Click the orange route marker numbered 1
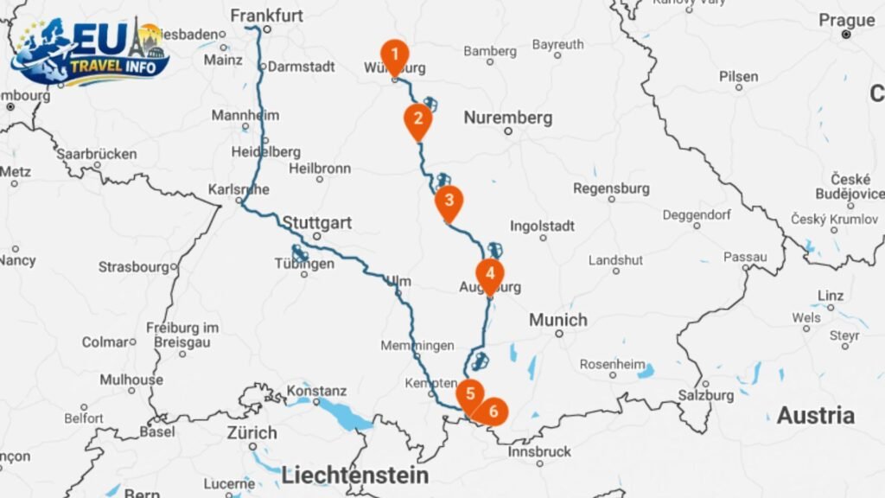[x=394, y=55]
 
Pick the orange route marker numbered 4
[x=490, y=274]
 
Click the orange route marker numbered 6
[x=493, y=412]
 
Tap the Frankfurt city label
[x=267, y=15]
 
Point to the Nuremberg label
[x=507, y=118]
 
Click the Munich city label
[x=557, y=320]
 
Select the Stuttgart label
[x=316, y=223]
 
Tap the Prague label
[x=846, y=20]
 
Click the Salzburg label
[x=707, y=395]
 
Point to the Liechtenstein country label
[x=354, y=475]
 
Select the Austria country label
[x=815, y=416]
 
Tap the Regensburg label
[x=610, y=188]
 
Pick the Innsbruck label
[x=541, y=451]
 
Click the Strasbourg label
[x=135, y=267]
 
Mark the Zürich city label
[x=251, y=432]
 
